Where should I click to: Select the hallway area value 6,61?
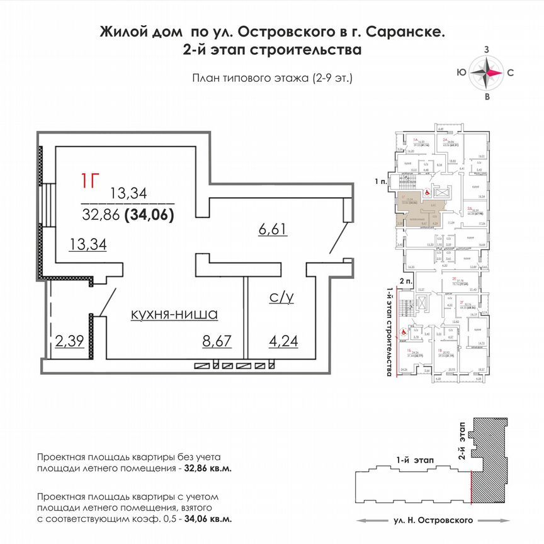(x=272, y=229)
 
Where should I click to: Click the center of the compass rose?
(x=487, y=72)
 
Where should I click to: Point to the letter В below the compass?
(x=487, y=97)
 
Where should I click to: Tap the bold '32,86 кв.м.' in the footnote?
(x=209, y=469)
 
